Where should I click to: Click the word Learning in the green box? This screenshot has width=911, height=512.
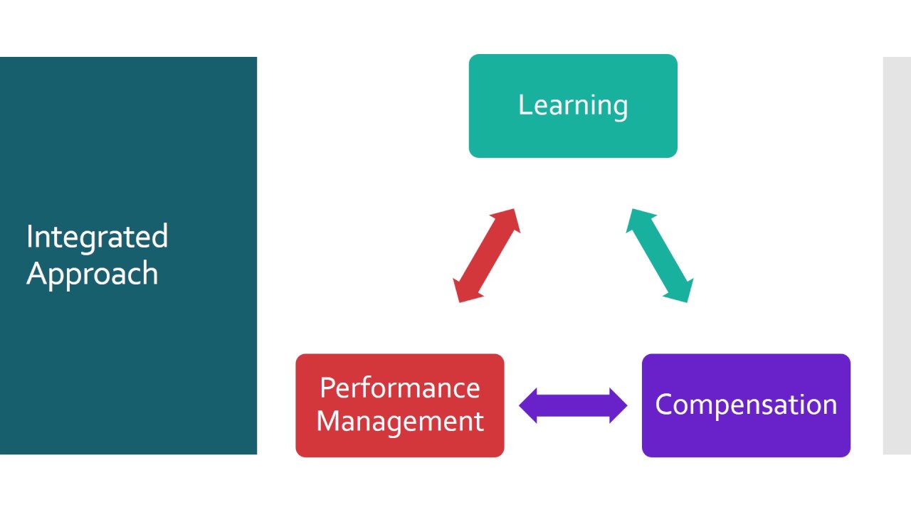pos(573,105)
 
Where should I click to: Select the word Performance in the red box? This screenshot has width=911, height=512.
pos(399,388)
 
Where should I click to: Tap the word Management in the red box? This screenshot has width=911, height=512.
pos(399,421)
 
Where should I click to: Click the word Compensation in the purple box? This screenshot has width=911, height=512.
pos(746,405)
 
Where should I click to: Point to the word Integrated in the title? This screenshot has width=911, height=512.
pos(97,237)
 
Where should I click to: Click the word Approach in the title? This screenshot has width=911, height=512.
pos(92,274)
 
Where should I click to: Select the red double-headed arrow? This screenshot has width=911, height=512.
pos(487,255)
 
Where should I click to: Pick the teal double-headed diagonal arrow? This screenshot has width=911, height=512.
pos(660,255)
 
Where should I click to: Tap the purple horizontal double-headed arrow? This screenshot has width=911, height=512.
pos(573,406)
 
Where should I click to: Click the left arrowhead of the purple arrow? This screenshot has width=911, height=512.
pos(528,406)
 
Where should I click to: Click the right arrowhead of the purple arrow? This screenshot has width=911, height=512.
pos(618,406)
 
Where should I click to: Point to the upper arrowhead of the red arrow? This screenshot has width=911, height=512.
pos(510,217)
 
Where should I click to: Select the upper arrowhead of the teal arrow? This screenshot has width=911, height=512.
pos(636,217)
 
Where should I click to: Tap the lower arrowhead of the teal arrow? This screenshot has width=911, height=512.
pos(683,293)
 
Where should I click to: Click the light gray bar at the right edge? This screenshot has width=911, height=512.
pos(897,255)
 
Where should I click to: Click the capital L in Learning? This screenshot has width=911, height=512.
pos(523,105)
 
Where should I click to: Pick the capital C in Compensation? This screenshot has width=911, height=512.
pos(664,405)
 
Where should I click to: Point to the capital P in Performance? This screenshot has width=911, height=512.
pos(327,388)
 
